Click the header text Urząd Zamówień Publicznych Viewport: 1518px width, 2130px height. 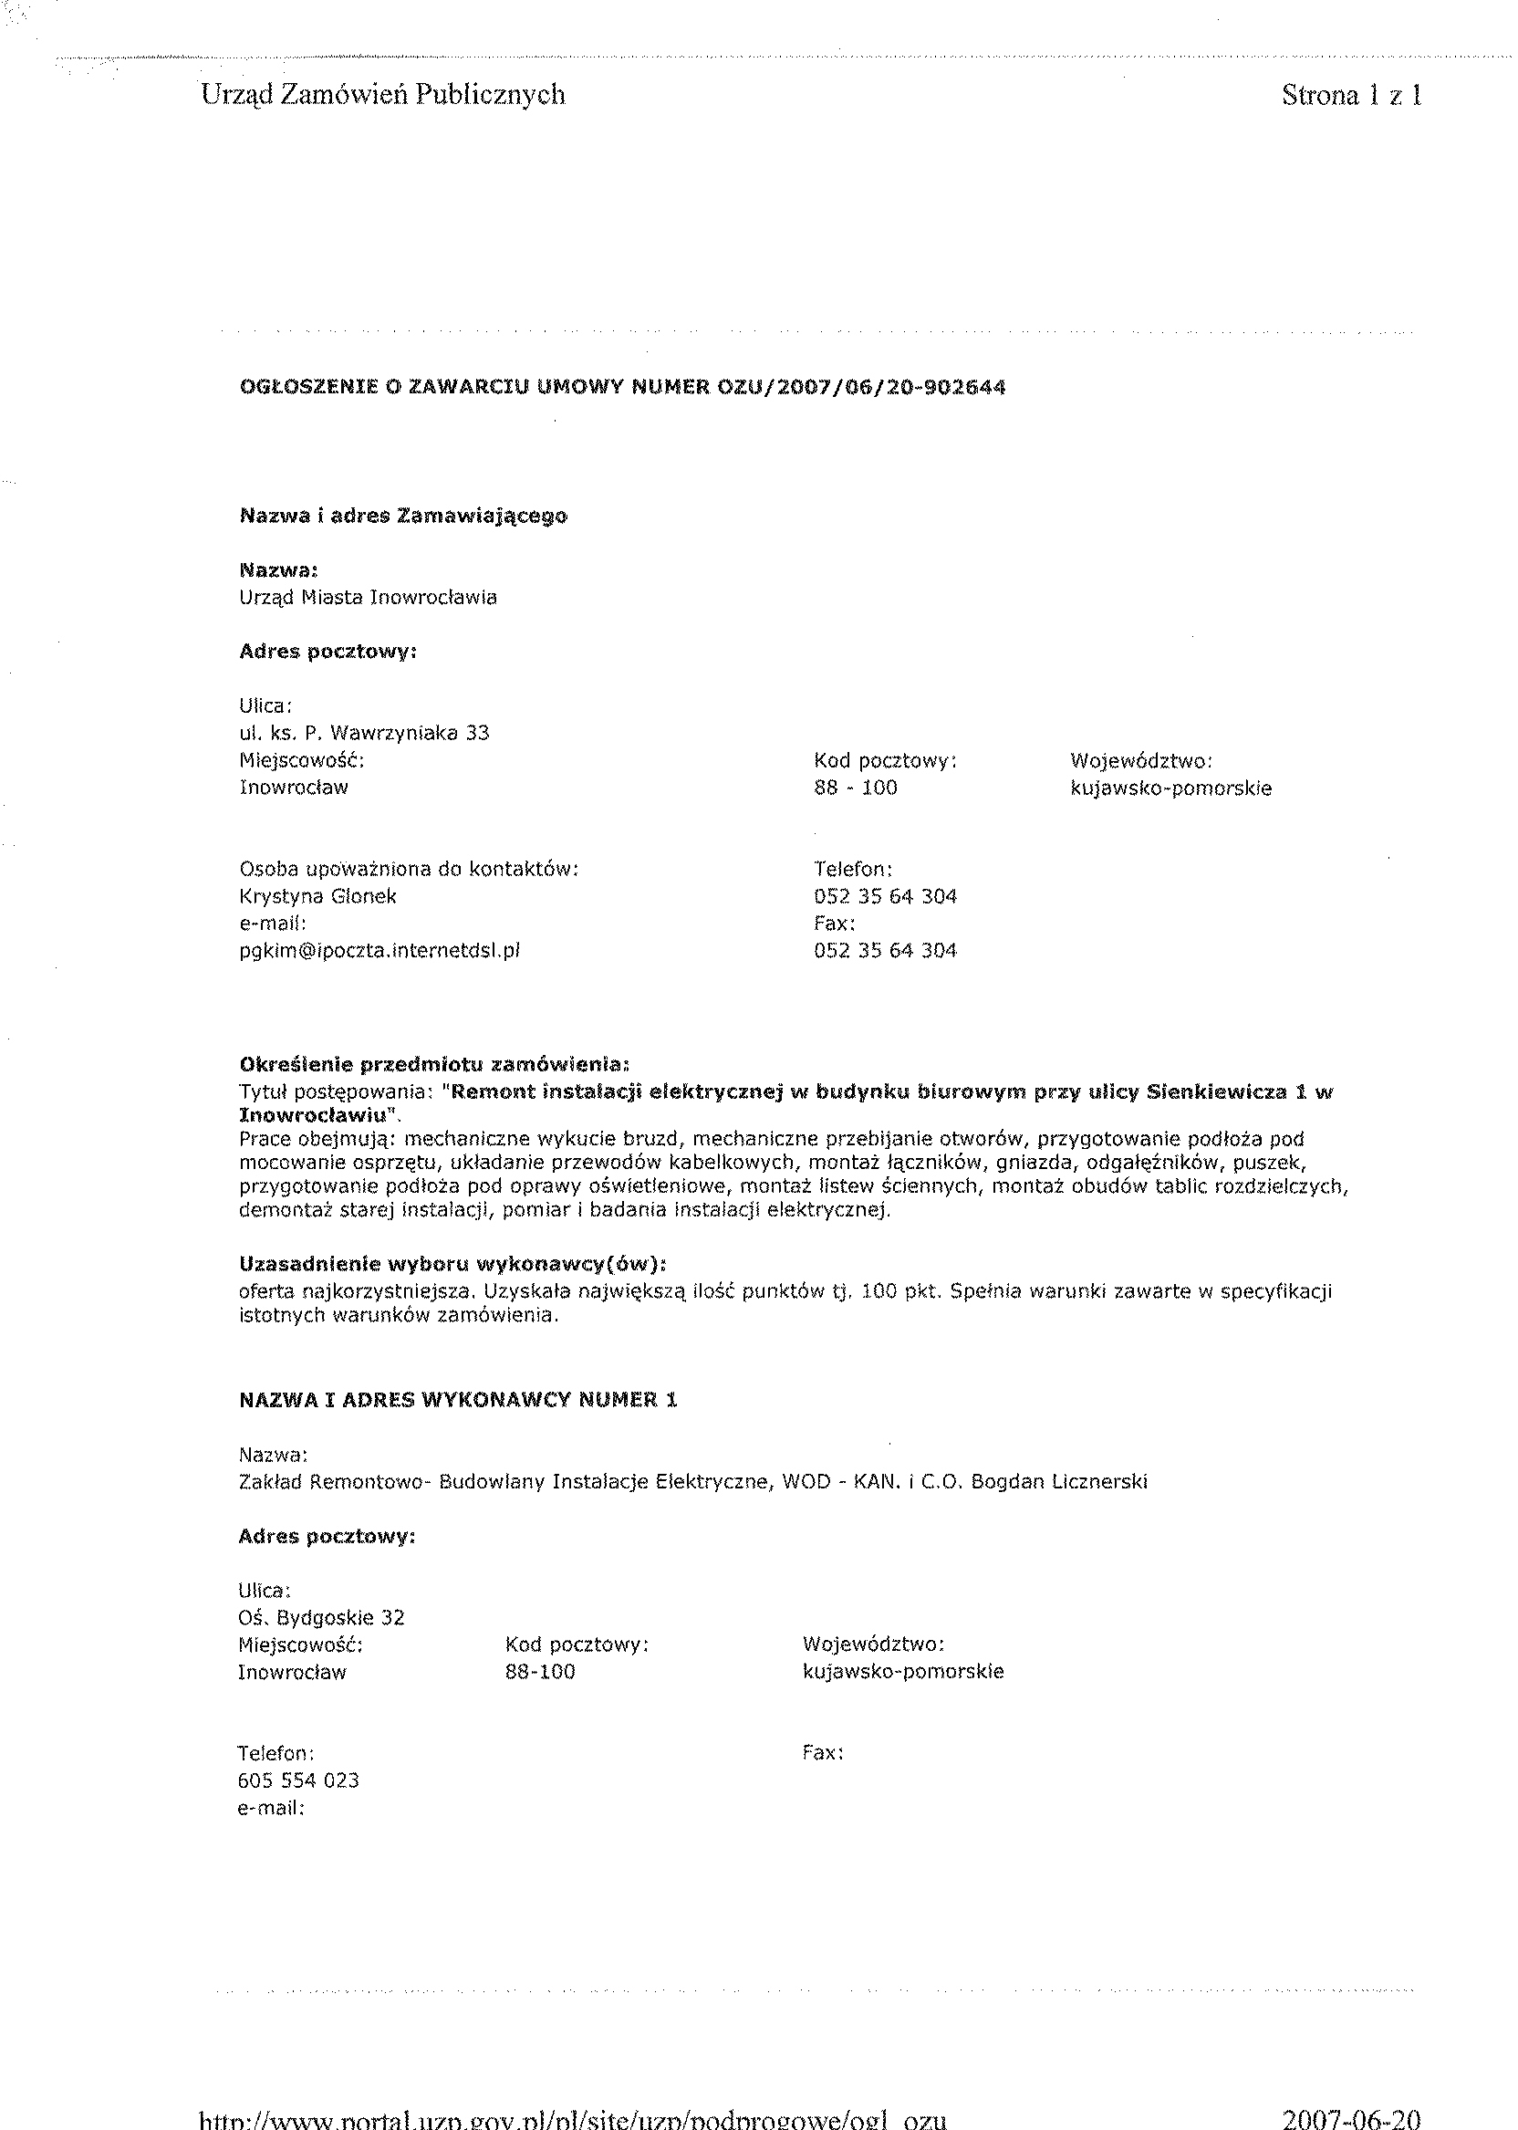(383, 94)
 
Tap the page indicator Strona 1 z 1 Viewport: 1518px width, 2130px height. (1352, 94)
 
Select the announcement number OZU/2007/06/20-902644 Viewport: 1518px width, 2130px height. (860, 387)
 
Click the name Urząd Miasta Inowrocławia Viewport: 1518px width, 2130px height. (369, 598)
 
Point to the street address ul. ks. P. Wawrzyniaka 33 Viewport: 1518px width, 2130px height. (365, 733)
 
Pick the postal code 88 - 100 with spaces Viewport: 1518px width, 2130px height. (856, 788)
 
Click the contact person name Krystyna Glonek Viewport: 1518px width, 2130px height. (317, 897)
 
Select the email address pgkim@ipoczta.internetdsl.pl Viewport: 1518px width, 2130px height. (379, 951)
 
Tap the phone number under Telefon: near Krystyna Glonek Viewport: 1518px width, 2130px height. (885, 897)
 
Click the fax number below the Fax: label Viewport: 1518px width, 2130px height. (885, 951)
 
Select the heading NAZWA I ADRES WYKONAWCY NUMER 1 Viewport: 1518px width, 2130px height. (458, 1400)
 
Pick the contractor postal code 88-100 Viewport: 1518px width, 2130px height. (540, 1672)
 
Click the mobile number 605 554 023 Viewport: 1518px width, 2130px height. (299, 1780)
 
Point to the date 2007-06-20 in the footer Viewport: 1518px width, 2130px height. (1352, 2116)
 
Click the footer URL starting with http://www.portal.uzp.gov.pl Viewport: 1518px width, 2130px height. (574, 2118)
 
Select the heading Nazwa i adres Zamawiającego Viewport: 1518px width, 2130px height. (404, 517)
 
